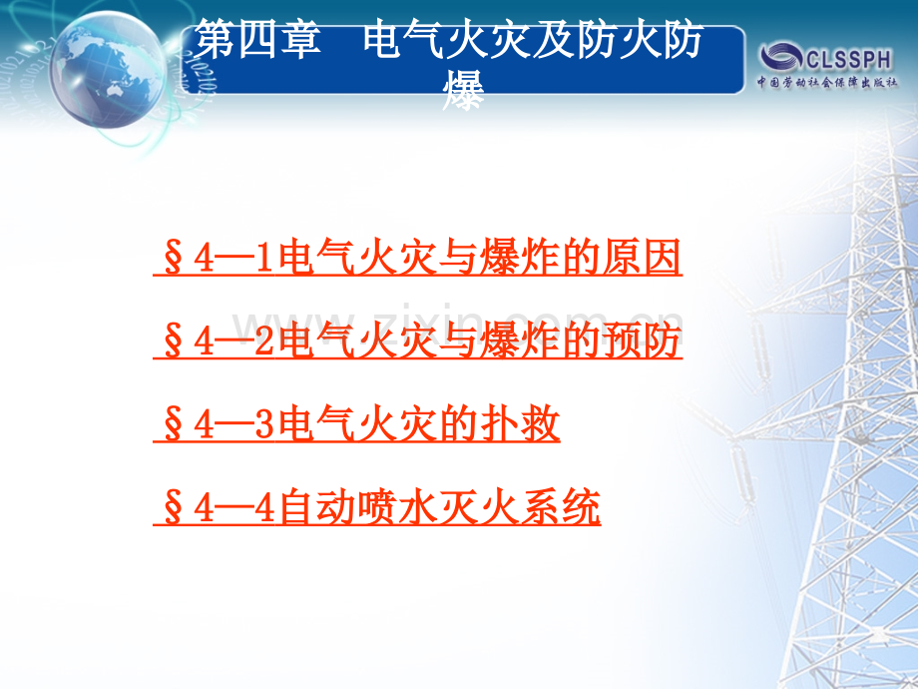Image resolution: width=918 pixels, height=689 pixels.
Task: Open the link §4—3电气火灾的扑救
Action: (357, 427)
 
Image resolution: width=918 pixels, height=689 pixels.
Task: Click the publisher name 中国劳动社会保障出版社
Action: (828, 81)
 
